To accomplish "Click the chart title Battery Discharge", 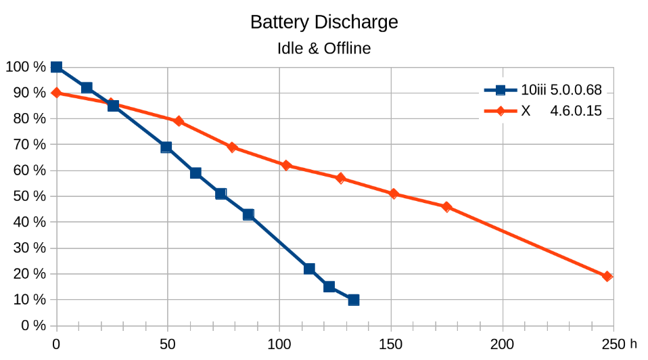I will [x=324, y=22].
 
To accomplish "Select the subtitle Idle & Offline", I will [x=324, y=49].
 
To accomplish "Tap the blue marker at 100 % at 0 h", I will [x=56, y=67].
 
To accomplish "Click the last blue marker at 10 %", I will [x=354, y=300].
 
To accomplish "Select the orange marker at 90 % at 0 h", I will [x=56, y=93].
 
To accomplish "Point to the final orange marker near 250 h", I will [x=607, y=276].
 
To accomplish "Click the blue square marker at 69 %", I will [x=166, y=147].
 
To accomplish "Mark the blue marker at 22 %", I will [x=309, y=269].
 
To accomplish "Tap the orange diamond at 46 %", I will [x=446, y=206].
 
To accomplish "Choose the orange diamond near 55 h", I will [x=179, y=121].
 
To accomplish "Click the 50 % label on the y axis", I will [x=26, y=196].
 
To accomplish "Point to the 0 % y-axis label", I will [x=29, y=325].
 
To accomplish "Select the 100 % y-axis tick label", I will [x=24, y=67].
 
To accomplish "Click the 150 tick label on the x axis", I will [x=391, y=344].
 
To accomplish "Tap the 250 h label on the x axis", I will [x=619, y=344].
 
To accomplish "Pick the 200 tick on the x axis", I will [x=503, y=344].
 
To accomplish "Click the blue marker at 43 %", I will [x=248, y=215].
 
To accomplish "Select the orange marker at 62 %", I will [x=286, y=165].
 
